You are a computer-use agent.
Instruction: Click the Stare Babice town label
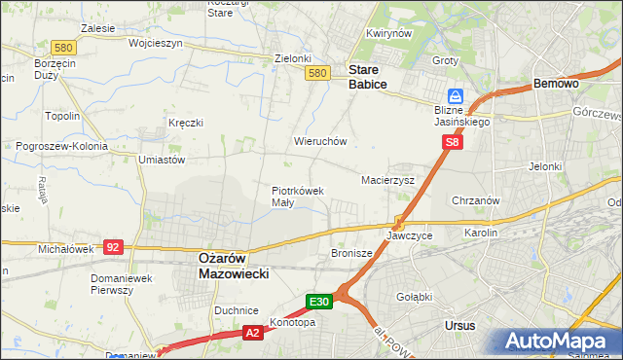pos(367,77)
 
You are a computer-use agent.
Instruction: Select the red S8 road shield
pos(452,142)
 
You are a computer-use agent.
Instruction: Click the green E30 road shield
pos(320,301)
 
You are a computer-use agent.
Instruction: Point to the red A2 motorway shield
pos(251,334)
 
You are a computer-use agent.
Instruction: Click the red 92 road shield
pos(114,247)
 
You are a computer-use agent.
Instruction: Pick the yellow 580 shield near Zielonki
pos(315,73)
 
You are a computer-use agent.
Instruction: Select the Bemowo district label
pos(557,85)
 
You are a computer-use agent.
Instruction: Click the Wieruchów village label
pos(320,141)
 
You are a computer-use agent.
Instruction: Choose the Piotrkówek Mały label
pos(297,197)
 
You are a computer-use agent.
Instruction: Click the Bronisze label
pos(352,253)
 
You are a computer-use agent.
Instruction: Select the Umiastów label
pos(162,159)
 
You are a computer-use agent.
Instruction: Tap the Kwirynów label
pos(385,33)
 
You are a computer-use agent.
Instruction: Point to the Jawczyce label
pos(409,236)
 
